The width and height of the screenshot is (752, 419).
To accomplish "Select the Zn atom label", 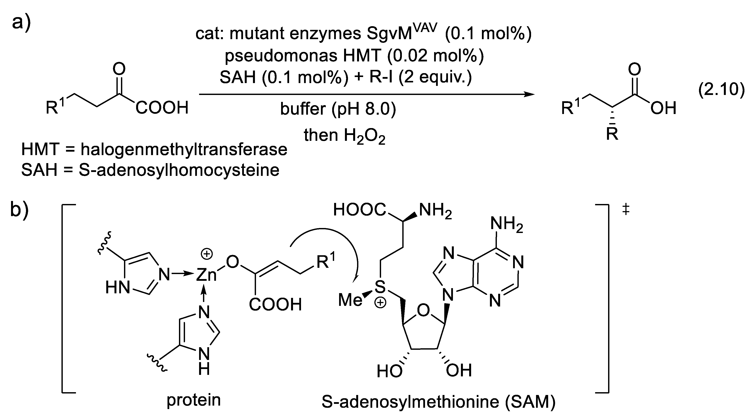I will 206,275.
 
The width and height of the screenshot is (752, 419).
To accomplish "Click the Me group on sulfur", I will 350,300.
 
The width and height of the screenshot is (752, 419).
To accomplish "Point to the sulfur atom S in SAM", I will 380,287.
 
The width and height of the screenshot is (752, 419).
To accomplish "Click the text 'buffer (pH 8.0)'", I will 338,109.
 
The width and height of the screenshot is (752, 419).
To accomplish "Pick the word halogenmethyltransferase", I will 184,150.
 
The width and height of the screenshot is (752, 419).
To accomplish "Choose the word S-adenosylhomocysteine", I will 179,170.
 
